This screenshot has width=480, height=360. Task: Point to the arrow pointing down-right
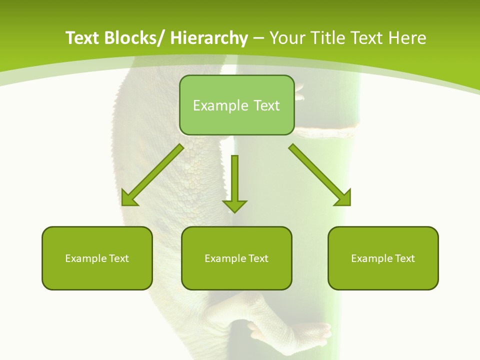(x=320, y=175)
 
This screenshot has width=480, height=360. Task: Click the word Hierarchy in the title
(x=208, y=38)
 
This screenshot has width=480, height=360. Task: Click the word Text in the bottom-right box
(x=404, y=258)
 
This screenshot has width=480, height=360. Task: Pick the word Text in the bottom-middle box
(x=258, y=258)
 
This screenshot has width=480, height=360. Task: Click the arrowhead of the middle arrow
(x=234, y=206)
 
